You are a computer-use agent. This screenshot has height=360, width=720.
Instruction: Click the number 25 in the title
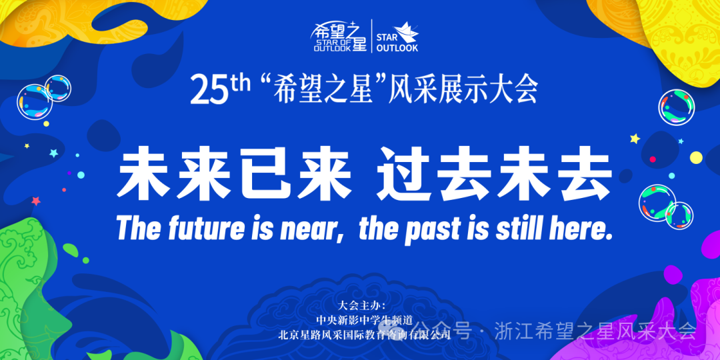pyautogui.click(x=209, y=90)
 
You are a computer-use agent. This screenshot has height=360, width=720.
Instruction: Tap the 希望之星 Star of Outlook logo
pyautogui.click(x=339, y=36)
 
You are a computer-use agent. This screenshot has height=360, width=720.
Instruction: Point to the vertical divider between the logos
pyautogui.click(x=371, y=36)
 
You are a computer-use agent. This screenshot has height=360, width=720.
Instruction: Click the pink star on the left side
pyautogui.click(x=36, y=201)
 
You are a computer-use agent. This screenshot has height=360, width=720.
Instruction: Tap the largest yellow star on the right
pyautogui.click(x=635, y=138)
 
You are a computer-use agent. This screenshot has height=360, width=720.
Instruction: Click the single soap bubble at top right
pyautogui.click(x=676, y=107)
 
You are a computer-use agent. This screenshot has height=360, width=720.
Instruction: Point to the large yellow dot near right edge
pyautogui.click(x=696, y=157)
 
